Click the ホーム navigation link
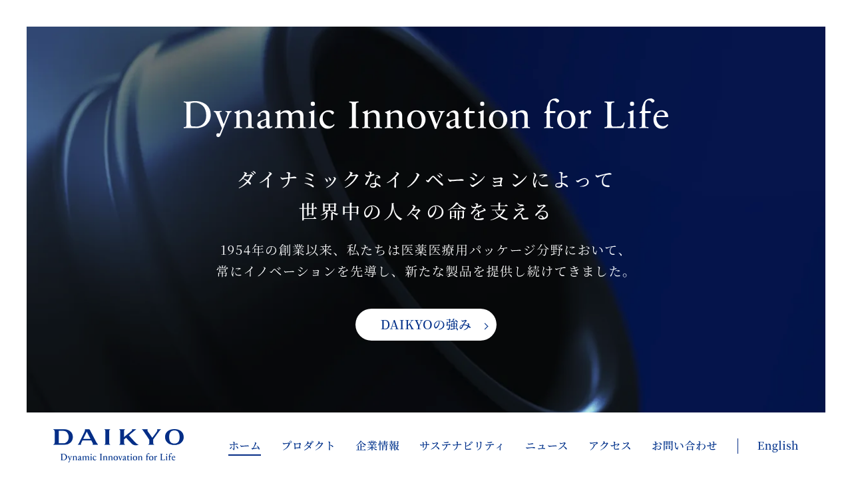click(x=244, y=446)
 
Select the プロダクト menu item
click(x=308, y=446)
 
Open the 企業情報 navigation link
click(x=377, y=446)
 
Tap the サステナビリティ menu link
click(x=462, y=446)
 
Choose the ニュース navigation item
click(x=546, y=446)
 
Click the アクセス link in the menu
click(x=610, y=446)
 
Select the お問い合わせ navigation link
click(x=684, y=446)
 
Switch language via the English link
click(x=777, y=446)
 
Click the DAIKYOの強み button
click(x=425, y=325)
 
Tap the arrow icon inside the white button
click(x=486, y=326)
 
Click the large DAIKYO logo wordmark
click(x=118, y=437)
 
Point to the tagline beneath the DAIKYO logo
click(x=118, y=457)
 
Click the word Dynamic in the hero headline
click(x=259, y=116)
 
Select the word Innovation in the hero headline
click(x=439, y=115)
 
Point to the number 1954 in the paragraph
click(x=236, y=250)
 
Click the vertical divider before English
click(x=738, y=446)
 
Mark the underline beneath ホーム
click(x=244, y=454)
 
